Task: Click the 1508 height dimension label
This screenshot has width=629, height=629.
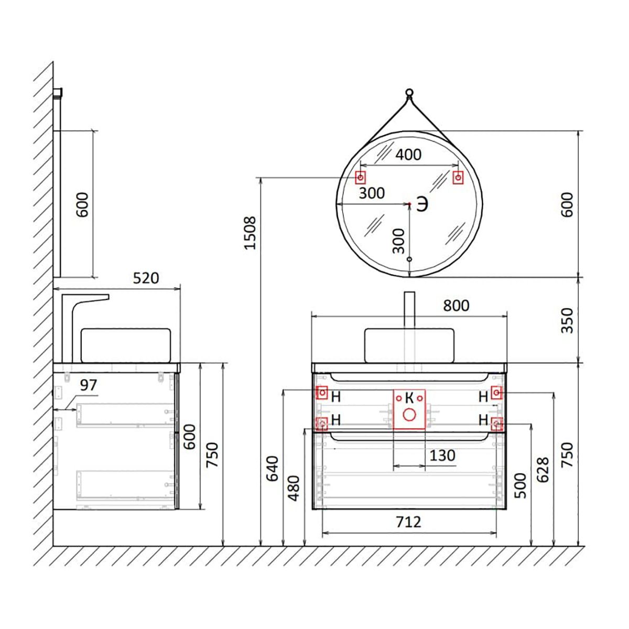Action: [251, 233]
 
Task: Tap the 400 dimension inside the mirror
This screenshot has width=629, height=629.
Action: [408, 155]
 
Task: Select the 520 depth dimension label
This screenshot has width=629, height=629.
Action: [146, 278]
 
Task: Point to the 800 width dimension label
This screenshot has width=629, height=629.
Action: [456, 306]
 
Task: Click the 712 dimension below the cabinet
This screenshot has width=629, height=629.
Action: [409, 522]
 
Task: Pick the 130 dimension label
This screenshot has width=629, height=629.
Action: [442, 456]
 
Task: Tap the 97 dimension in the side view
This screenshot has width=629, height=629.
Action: [89, 385]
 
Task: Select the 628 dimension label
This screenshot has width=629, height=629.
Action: [543, 470]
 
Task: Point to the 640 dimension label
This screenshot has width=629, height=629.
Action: [273, 469]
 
